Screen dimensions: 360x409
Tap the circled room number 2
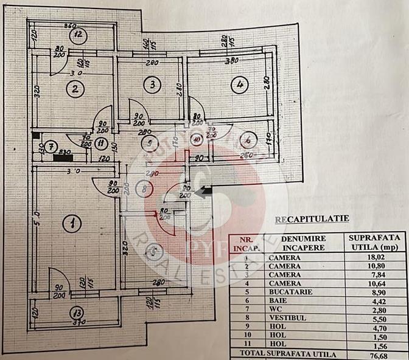tap(75, 91)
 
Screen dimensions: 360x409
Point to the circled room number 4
tap(239, 85)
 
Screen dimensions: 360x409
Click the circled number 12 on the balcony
tap(79, 34)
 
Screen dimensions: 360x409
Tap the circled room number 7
tap(52, 147)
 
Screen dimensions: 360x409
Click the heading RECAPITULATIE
tap(302, 218)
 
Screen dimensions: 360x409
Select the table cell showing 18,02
tap(376, 257)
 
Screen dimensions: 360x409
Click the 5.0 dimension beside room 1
tap(36, 215)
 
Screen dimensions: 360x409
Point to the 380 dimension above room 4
tap(231, 61)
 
